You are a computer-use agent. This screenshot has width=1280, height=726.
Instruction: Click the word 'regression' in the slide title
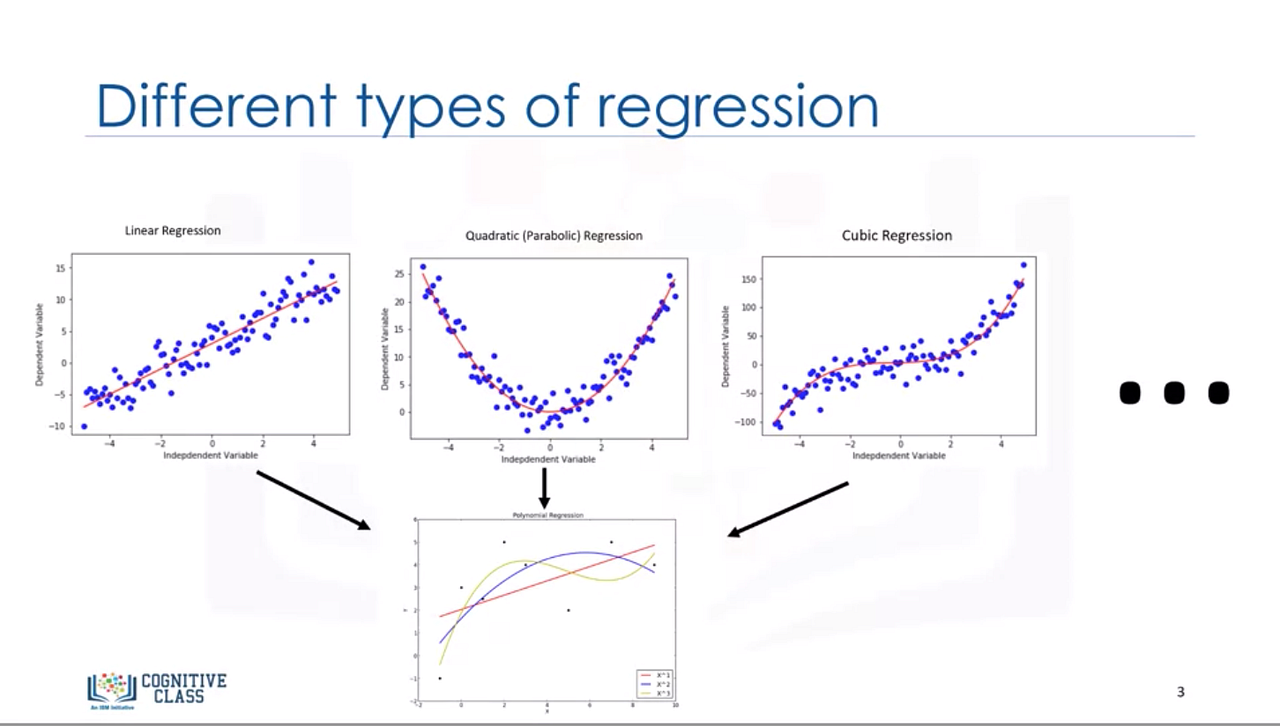click(746, 106)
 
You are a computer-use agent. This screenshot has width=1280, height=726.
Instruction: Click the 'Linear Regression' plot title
click(173, 230)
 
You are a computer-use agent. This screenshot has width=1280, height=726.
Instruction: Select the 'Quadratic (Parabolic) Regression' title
click(554, 236)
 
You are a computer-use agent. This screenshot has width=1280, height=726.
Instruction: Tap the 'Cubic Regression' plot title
click(897, 236)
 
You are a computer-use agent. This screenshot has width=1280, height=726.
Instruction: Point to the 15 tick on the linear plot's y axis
click(61, 268)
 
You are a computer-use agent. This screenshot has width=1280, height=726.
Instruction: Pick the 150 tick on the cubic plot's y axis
click(746, 278)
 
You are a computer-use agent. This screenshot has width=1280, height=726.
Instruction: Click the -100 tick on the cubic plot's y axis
click(744, 422)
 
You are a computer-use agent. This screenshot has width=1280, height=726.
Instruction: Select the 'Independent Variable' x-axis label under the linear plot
click(211, 455)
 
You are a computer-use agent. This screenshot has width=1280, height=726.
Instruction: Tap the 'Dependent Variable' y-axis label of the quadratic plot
click(385, 348)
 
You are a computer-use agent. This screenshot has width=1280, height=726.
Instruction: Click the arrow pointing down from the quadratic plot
click(544, 488)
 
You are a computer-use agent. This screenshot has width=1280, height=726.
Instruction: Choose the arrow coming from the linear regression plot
click(313, 500)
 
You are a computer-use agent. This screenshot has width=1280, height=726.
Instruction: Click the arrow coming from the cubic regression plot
click(788, 510)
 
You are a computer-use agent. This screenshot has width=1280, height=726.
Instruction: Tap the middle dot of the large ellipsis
click(1174, 392)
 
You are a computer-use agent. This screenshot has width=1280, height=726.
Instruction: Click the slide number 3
click(1181, 692)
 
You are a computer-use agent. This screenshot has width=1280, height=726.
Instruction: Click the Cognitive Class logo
click(157, 688)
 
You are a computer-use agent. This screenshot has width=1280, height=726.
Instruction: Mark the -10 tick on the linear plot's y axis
click(59, 427)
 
